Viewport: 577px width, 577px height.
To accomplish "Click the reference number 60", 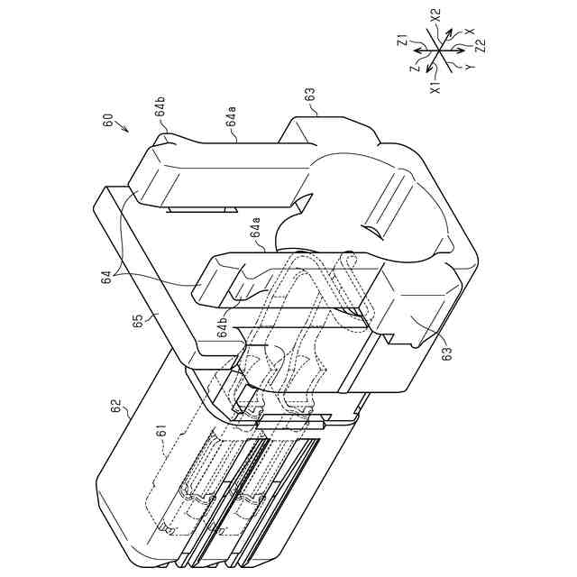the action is (x=108, y=120).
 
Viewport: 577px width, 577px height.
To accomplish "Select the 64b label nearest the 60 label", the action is (x=160, y=106).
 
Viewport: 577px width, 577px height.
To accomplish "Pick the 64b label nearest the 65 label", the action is (x=224, y=328).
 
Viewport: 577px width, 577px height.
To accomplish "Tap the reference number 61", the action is (x=163, y=431).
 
